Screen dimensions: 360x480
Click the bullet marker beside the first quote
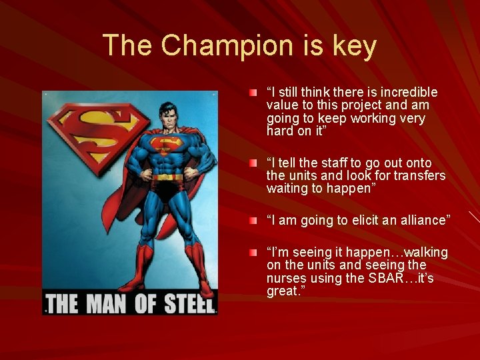[253, 91]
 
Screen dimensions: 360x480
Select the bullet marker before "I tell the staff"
[253, 163]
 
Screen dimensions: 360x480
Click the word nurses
[286, 279]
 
